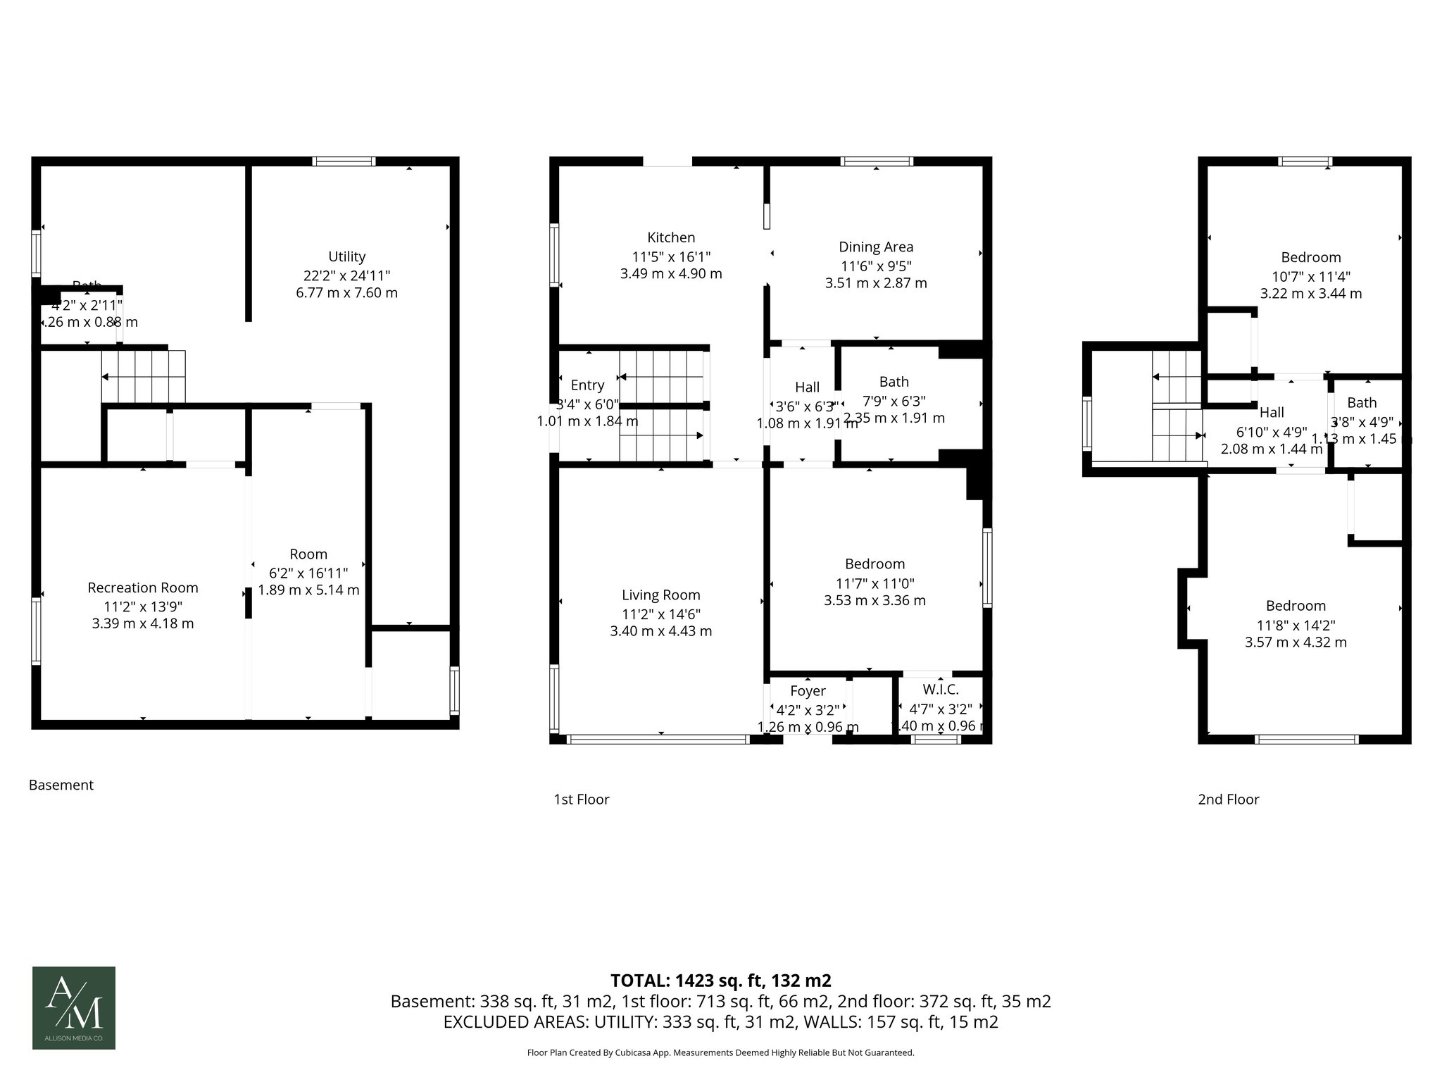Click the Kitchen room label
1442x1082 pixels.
(x=671, y=238)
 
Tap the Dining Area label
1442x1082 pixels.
(x=876, y=247)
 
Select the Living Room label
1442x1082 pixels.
(x=660, y=595)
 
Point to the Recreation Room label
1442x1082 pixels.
(x=143, y=587)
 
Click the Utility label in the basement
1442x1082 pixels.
(x=346, y=256)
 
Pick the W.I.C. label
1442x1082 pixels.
(x=940, y=690)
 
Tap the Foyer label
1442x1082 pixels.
(x=808, y=691)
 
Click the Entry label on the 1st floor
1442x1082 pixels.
(x=587, y=385)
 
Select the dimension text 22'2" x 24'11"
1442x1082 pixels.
(x=346, y=275)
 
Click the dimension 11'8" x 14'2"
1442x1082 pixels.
(x=1296, y=625)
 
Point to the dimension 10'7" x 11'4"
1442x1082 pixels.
(x=1310, y=276)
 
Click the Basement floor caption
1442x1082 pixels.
(x=61, y=785)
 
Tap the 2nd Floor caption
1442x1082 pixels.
(x=1228, y=799)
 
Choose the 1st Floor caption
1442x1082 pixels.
(x=582, y=799)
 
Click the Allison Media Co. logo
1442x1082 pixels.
(x=74, y=1007)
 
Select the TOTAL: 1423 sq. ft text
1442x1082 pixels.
(x=720, y=981)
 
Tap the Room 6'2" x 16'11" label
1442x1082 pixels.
(x=308, y=554)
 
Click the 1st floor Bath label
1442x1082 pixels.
(x=894, y=382)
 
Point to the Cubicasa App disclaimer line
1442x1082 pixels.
(x=720, y=1052)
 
